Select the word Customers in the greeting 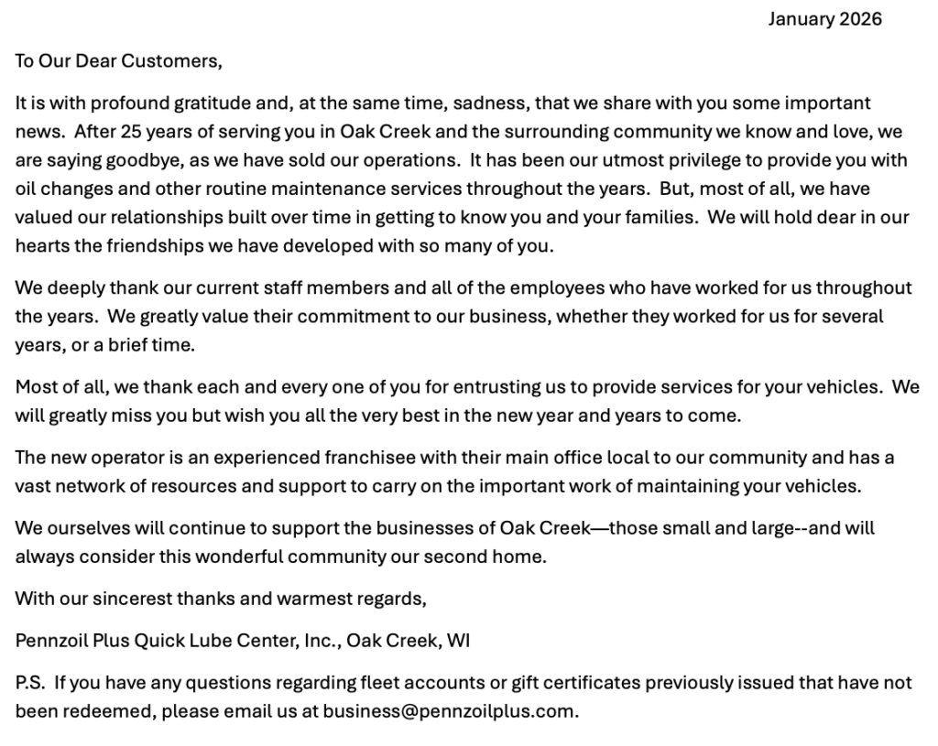pos(172,61)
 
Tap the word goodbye pos(129,160)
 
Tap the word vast pos(34,486)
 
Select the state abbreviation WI pos(458,641)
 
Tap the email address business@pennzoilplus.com pos(449,711)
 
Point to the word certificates pos(590,683)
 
